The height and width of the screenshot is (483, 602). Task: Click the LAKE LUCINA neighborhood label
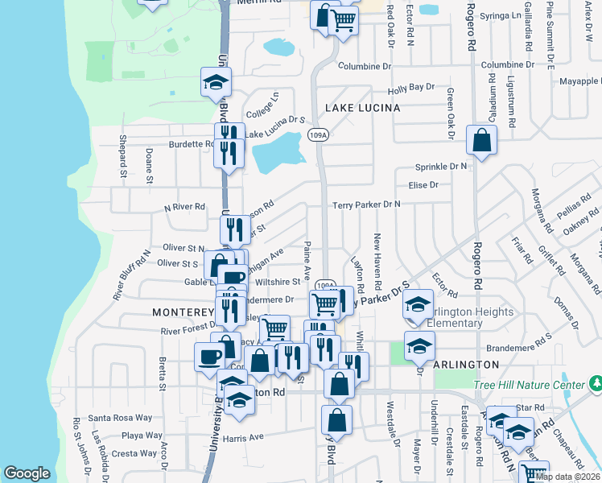362,108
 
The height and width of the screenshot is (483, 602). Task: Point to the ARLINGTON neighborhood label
466,365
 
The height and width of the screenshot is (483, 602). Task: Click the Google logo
27,473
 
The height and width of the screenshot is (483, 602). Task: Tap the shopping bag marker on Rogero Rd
481,141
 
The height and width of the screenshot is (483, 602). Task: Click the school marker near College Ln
215,82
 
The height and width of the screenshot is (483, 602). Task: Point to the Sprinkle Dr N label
440,167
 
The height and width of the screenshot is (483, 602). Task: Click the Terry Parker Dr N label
366,205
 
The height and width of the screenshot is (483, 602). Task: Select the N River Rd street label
184,207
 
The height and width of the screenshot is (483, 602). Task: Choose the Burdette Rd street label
191,145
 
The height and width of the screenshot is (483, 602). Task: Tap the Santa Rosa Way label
120,418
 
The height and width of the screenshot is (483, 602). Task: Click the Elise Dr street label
423,185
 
